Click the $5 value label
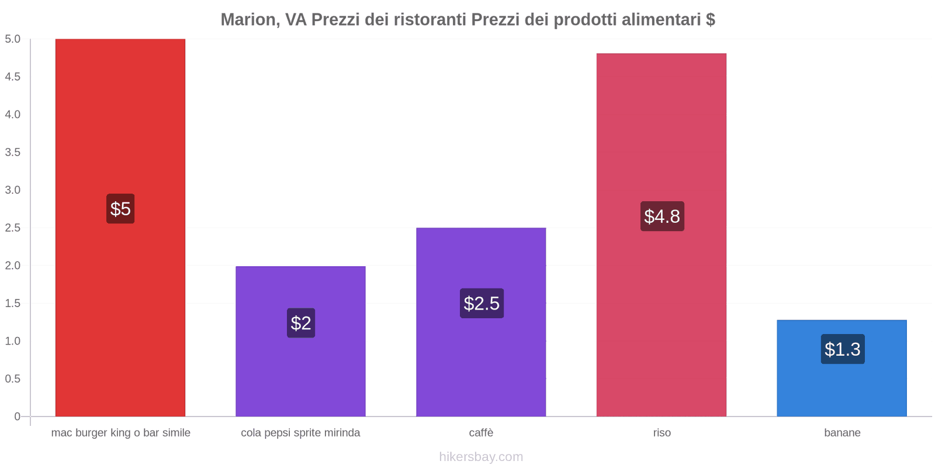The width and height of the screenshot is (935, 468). coord(120,209)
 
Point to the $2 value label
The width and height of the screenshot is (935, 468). coord(301,323)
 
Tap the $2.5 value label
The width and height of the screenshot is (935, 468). coord(482,304)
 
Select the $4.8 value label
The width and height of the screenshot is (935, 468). coord(662,216)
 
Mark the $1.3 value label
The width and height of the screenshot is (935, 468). coord(842,349)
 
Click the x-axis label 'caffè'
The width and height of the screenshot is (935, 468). coord(481,433)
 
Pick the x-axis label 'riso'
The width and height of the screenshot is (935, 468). coord(662,433)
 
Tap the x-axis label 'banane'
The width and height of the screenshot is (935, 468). coord(842,433)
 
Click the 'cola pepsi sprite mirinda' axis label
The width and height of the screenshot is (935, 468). coord(300,433)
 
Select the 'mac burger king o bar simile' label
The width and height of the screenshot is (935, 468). coord(120,433)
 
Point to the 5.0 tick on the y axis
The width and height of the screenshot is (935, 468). coord(13,39)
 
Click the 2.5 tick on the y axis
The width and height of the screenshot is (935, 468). coord(13,228)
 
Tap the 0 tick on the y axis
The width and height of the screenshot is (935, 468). coord(18,417)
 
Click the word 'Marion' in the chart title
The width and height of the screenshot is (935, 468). coord(248,20)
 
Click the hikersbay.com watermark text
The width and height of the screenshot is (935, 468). coord(481,457)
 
